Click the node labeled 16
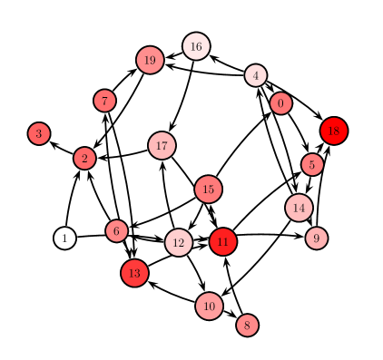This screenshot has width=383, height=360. pos(196,46)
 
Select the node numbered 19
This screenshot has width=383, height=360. pos(150,61)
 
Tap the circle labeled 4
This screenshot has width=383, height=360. pos(256,75)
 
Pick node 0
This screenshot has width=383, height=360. pos(280,103)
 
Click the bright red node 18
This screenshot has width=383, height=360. pos(334,131)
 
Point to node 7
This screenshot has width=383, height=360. pos(104,101)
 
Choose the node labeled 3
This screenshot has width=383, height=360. pos(38,133)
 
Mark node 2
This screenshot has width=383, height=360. pos(84,159)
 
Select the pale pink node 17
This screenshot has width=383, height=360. pos(162,145)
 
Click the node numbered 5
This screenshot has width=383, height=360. pos(312,164)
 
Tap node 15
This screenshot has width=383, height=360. pos(208,190)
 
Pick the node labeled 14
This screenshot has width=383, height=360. pos(299,208)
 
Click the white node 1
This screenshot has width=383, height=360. pos(64,238)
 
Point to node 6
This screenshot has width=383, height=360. pos(116,231)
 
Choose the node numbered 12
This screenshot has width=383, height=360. pos(179,242)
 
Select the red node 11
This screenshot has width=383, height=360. pos(223,242)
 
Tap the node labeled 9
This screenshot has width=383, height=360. pos(317,238)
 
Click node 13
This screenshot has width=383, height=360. pos(134,272)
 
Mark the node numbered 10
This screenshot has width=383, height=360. pos(209,306)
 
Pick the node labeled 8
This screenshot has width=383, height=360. pos(247,325)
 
